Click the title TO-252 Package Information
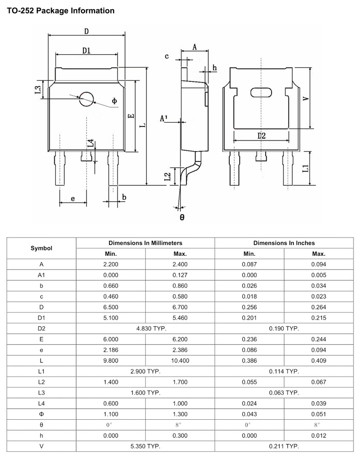click(61, 10)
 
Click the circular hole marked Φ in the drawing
click(86, 98)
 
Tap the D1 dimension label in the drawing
click(86, 51)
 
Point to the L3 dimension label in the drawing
click(38, 90)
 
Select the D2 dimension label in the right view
click(261, 136)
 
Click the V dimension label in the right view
click(306, 97)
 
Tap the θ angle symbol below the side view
click(182, 218)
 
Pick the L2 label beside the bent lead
click(167, 176)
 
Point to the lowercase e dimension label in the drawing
click(73, 198)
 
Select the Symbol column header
click(41, 248)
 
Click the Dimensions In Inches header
click(284, 243)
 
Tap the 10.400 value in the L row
click(180, 361)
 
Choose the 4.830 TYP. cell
click(145, 328)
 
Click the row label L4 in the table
click(41, 403)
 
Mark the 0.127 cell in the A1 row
click(180, 275)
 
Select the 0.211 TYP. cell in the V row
click(284, 446)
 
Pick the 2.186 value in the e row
click(111, 350)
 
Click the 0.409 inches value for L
click(319, 361)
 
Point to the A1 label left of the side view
click(164, 119)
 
